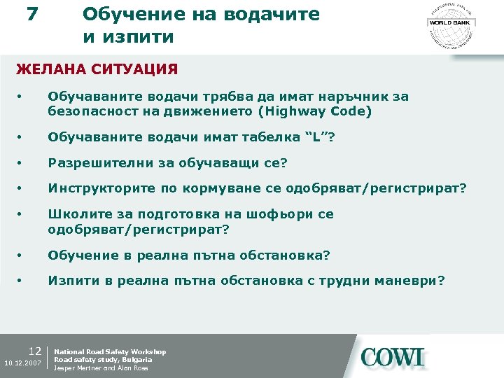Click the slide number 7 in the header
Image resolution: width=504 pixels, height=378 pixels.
click(x=31, y=14)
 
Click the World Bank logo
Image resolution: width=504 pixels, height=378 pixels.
click(x=451, y=24)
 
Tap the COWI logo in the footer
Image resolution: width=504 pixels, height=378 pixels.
click(x=393, y=358)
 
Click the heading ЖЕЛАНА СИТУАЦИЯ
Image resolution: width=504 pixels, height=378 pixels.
click(x=97, y=69)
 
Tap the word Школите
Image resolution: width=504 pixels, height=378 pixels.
click(x=73, y=214)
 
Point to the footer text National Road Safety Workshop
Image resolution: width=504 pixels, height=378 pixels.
click(x=110, y=351)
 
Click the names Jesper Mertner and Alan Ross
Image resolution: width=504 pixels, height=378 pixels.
click(x=101, y=368)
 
